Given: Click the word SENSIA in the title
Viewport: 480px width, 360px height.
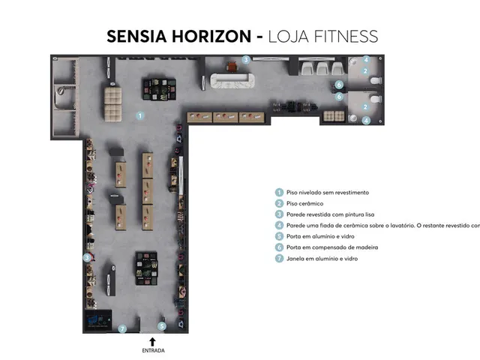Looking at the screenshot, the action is [x=136, y=36].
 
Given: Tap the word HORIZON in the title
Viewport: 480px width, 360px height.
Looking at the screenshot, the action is [x=211, y=36].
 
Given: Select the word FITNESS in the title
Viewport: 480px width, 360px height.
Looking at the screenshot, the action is [x=346, y=36].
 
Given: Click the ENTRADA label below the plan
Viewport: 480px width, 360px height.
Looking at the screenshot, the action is [x=153, y=350].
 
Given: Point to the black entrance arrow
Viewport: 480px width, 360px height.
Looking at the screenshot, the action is [x=152, y=342].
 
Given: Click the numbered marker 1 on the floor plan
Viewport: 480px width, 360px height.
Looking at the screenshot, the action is [x=140, y=115].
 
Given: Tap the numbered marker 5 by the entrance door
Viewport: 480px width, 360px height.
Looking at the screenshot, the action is [x=162, y=326].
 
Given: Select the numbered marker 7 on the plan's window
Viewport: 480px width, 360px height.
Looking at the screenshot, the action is [x=122, y=328].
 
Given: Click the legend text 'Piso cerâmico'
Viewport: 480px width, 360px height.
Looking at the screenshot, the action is [x=304, y=203].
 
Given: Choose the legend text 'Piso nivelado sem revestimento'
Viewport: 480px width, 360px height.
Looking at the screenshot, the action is [x=328, y=193].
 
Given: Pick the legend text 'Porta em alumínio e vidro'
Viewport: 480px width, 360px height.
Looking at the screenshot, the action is [x=320, y=236].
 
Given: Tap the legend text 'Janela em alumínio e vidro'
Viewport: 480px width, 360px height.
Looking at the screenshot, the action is [x=322, y=259].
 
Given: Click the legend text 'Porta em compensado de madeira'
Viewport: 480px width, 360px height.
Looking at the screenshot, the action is [x=332, y=247].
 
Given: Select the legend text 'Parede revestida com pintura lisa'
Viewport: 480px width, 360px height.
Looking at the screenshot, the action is [x=330, y=214].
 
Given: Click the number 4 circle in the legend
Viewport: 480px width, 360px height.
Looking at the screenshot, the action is [x=279, y=225].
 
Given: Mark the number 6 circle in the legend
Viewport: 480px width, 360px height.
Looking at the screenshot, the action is [x=279, y=247].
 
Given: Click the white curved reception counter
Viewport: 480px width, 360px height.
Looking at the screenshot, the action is [x=232, y=81].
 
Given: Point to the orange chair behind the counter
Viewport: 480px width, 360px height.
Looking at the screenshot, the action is [x=232, y=67].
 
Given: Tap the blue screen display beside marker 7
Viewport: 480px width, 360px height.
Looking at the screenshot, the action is [x=98, y=320].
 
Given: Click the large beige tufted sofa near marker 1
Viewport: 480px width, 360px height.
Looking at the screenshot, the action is [x=113, y=104].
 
